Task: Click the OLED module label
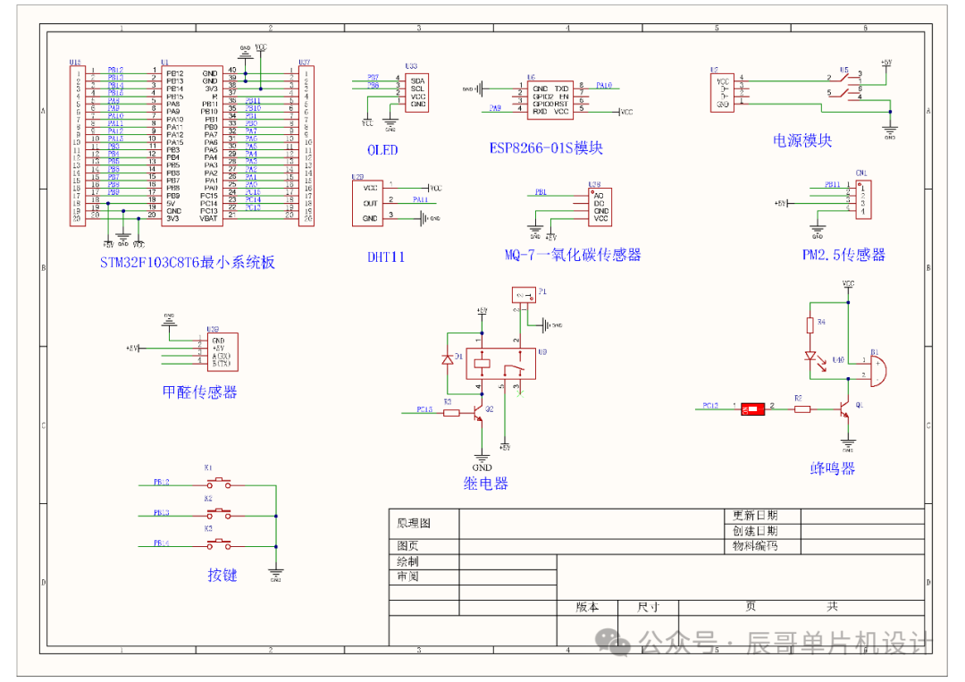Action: [382, 150]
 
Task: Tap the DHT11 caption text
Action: [386, 257]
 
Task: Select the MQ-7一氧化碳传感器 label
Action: [572, 255]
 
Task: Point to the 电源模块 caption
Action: [802, 140]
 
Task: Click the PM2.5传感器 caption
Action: [843, 255]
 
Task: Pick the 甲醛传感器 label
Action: [199, 392]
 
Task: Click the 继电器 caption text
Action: [485, 484]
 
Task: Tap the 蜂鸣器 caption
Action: [833, 467]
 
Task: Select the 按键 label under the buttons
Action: [222, 575]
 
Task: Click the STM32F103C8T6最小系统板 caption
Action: [188, 262]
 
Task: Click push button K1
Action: [219, 484]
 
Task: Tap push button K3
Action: [219, 543]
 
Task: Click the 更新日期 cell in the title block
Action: [755, 516]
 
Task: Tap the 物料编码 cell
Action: [755, 545]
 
